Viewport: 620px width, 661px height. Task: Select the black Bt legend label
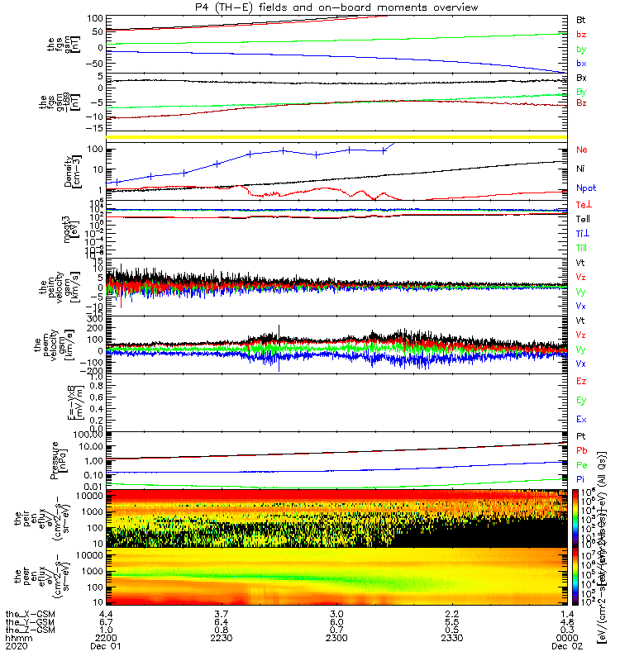[581, 19]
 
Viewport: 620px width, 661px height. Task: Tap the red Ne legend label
[582, 151]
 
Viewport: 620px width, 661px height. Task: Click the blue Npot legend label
[586, 188]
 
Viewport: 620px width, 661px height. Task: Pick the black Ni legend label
[581, 169]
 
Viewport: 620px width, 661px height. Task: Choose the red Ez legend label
[581, 382]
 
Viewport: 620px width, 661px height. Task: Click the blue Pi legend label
[581, 478]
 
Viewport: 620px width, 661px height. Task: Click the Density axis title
[67, 172]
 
